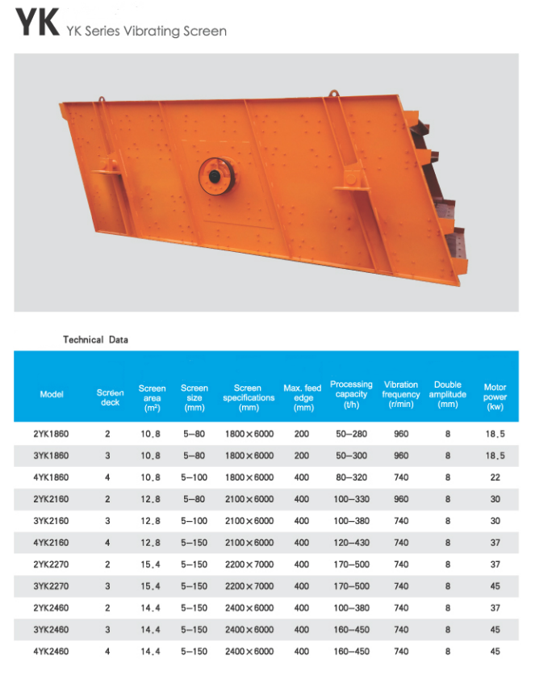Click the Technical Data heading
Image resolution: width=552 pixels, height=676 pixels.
click(x=95, y=340)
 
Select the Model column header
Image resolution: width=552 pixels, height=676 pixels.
click(x=52, y=394)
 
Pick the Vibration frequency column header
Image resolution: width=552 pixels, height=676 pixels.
click(x=401, y=394)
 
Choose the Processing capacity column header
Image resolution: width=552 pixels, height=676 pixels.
click(x=351, y=394)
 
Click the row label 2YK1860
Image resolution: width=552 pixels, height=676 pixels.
click(x=51, y=434)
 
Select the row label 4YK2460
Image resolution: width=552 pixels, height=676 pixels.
click(x=51, y=652)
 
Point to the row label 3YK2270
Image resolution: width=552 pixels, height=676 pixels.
click(x=51, y=586)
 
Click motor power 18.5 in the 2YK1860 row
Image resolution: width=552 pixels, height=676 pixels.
click(x=495, y=434)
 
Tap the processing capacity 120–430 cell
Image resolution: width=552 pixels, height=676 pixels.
click(x=351, y=543)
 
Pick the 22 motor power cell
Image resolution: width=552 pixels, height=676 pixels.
click(x=495, y=477)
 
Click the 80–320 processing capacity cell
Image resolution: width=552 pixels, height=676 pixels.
click(x=351, y=477)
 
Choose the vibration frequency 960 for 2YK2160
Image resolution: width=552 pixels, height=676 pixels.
click(x=401, y=499)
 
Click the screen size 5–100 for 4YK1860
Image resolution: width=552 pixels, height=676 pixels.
click(x=194, y=477)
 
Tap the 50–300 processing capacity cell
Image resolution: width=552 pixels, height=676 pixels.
click(x=351, y=456)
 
